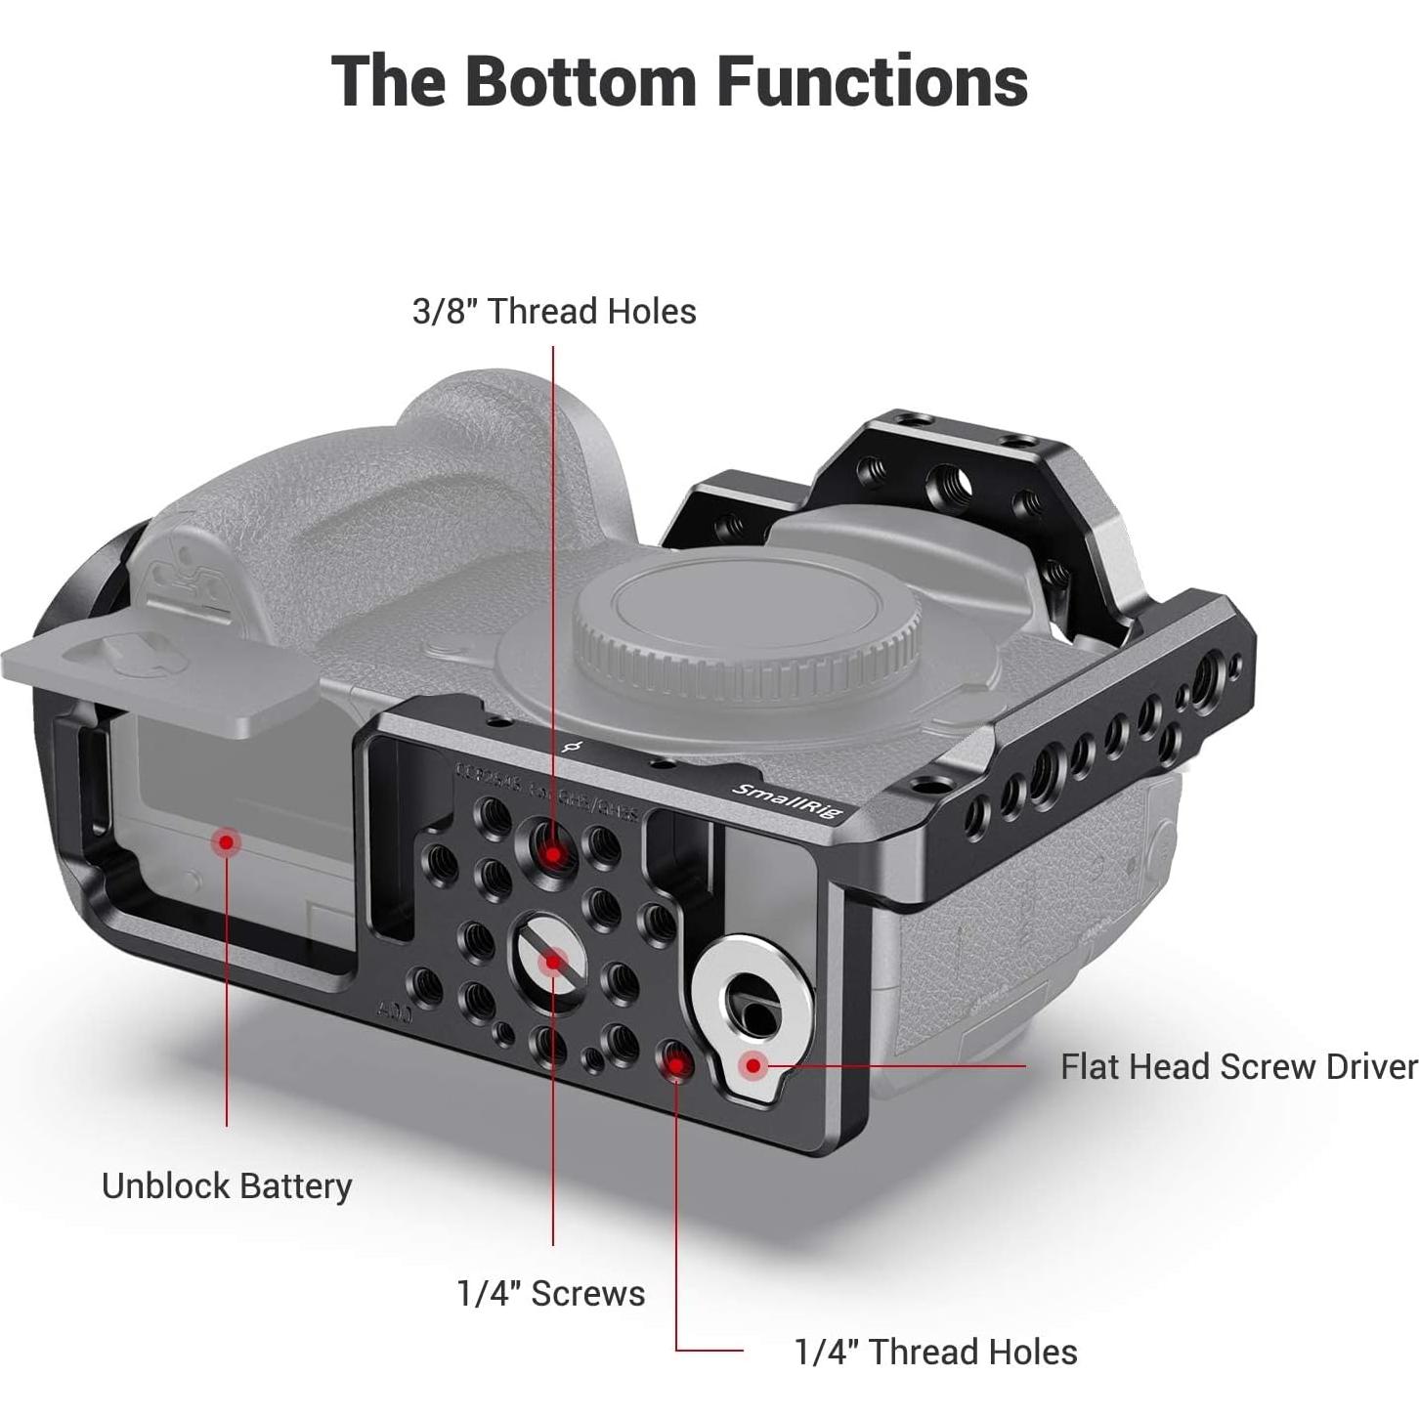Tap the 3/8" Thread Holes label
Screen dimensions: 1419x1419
pyautogui.click(x=554, y=312)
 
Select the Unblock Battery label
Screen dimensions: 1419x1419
pyautogui.click(x=227, y=1185)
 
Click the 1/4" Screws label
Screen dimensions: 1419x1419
pyautogui.click(x=551, y=1293)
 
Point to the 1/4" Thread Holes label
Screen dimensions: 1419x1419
pyautogui.click(x=935, y=1352)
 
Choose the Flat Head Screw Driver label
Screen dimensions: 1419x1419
pyautogui.click(x=1238, y=1066)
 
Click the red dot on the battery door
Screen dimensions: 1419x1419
pyautogui.click(x=227, y=841)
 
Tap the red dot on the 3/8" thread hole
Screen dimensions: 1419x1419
pyautogui.click(x=553, y=854)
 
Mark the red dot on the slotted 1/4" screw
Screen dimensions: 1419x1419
pyautogui.click(x=553, y=963)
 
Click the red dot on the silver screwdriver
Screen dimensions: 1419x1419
pyautogui.click(x=752, y=1065)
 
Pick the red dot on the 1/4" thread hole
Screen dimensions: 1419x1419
pyautogui.click(x=676, y=1066)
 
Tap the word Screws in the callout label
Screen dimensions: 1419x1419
pyautogui.click(x=588, y=1293)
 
